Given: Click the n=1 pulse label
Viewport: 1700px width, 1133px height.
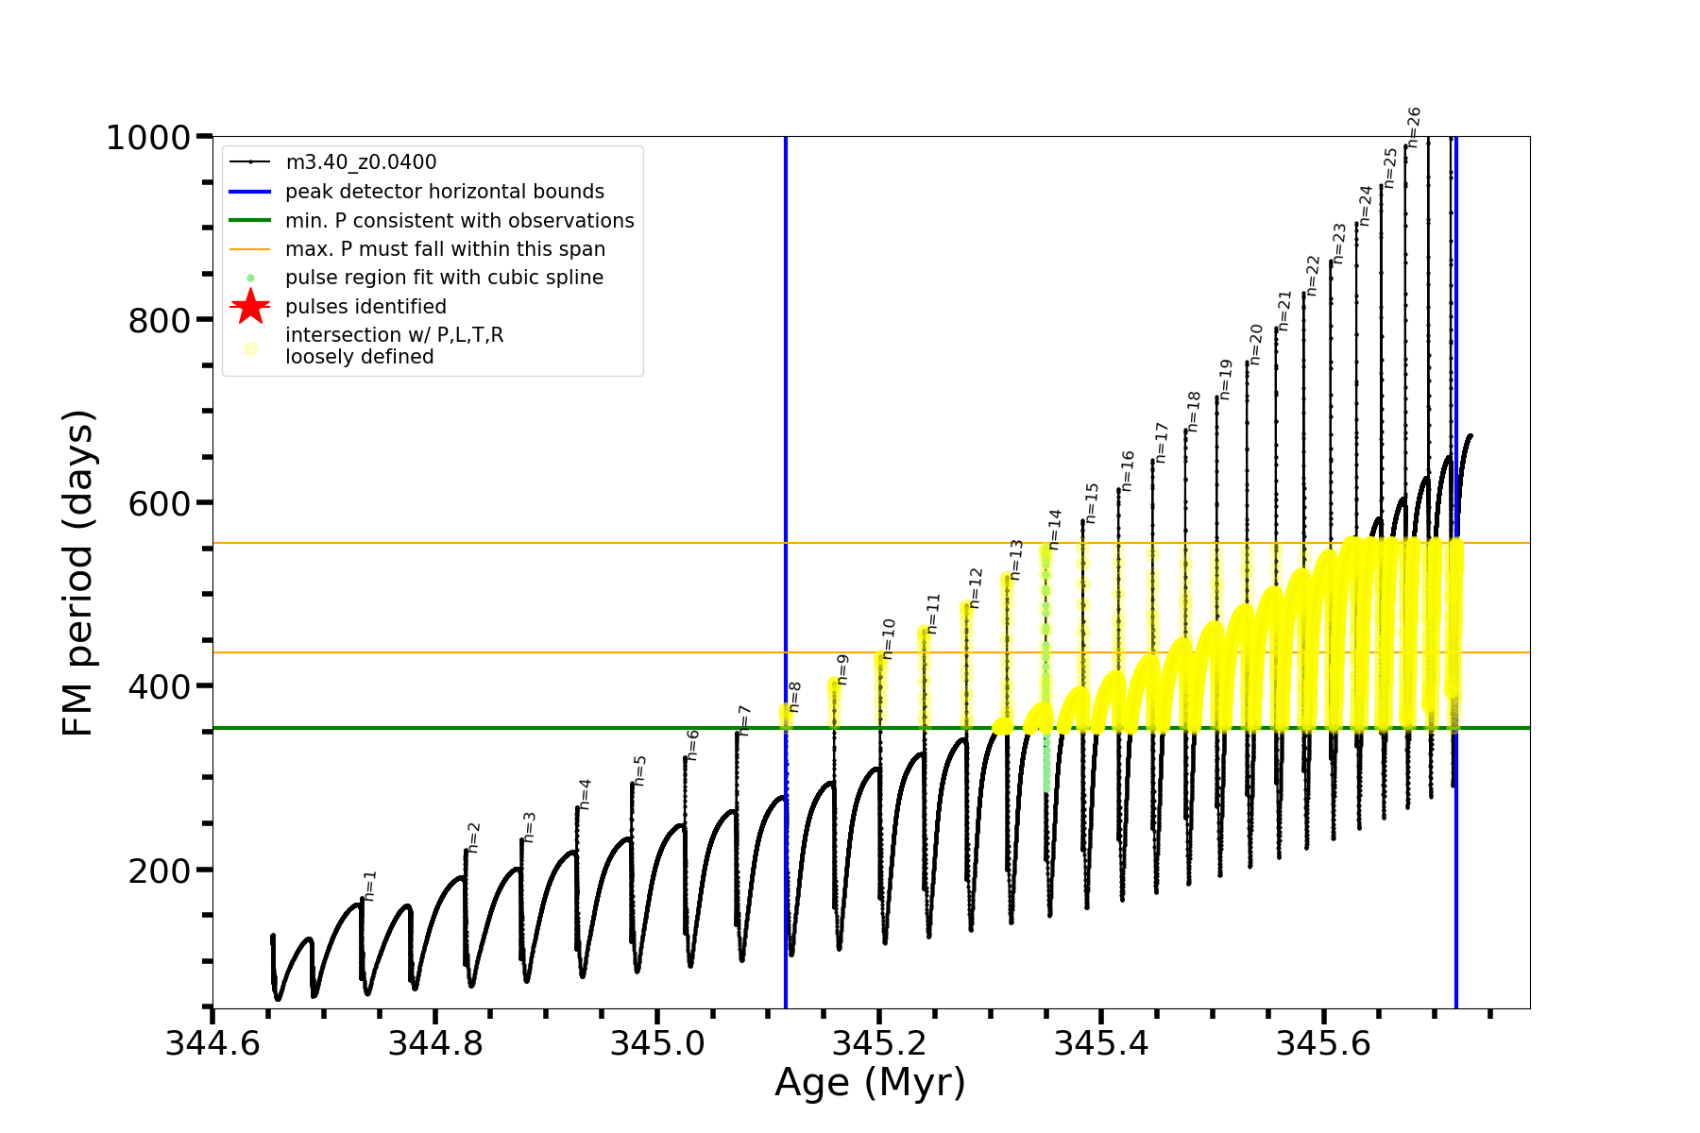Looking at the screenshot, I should coord(370,885).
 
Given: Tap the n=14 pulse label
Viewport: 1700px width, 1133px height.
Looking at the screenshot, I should coord(1055,529).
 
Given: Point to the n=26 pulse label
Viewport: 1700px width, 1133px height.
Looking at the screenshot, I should coord(1414,127).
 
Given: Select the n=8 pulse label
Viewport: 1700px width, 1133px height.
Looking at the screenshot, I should coord(794,697).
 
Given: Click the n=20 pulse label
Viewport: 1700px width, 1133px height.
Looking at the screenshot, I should coord(1256,344).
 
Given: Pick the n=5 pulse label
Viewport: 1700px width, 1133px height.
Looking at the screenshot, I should coord(639,769).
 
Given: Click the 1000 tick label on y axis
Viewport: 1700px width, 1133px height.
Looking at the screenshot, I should coord(148,138).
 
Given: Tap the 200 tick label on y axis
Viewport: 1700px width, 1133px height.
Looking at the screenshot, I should coord(160,871).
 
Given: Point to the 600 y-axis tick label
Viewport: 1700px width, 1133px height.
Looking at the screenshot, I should coord(160,504).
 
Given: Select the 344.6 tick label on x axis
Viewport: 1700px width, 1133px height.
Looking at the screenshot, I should coord(212,1043).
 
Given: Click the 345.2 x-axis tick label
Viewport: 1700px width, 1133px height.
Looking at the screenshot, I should coord(879,1043).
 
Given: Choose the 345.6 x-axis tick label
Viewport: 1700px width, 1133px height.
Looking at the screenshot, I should coord(1323,1043).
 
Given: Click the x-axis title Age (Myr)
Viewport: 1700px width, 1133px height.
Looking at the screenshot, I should coord(870,1083).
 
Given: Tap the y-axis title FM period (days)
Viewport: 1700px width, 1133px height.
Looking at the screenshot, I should coord(78,572).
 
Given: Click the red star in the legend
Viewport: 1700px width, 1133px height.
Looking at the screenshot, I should coord(250,307).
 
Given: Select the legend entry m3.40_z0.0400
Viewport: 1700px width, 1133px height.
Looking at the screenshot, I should coord(361,162).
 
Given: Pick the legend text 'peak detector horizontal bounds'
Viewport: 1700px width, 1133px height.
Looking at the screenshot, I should coord(445,192).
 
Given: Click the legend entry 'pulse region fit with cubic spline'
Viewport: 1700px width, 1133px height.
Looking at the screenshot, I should coord(444,278).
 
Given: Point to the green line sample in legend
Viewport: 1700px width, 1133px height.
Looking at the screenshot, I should coord(250,220).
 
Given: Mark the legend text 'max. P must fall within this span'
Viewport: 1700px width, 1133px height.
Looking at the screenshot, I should coord(445,249).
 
